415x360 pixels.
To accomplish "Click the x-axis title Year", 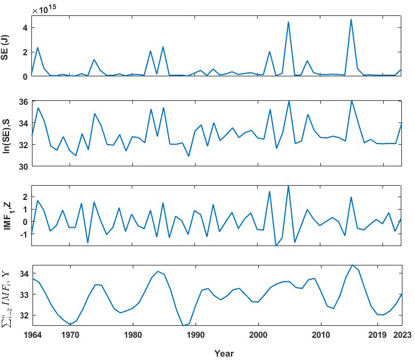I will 224,353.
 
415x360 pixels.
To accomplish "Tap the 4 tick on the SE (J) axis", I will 25,28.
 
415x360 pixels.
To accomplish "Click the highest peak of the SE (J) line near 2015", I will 351,20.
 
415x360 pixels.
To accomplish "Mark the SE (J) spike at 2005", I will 288,22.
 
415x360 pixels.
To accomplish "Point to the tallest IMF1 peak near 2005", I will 288,186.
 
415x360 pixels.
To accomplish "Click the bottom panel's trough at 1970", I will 70,324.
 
